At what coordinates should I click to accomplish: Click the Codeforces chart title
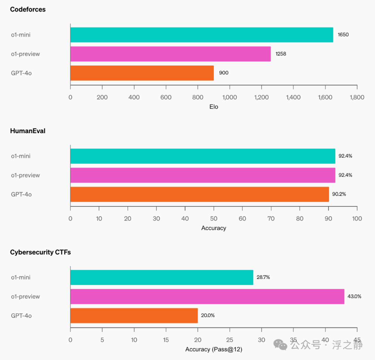click(x=28, y=10)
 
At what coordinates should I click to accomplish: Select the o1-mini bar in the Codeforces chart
click(x=201, y=35)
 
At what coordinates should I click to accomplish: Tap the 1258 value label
click(x=281, y=54)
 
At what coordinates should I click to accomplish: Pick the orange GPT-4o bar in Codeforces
click(x=142, y=73)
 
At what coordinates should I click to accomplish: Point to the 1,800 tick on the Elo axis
click(x=357, y=97)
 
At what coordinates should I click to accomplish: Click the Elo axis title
click(x=214, y=107)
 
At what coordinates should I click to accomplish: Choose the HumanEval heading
click(x=28, y=131)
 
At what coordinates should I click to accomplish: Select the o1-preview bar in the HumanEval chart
click(x=202, y=175)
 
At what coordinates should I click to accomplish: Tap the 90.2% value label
click(x=339, y=194)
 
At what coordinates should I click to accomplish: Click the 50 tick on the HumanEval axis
click(x=214, y=218)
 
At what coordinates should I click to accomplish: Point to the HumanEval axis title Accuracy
click(x=214, y=228)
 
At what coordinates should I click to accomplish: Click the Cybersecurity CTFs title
click(x=40, y=252)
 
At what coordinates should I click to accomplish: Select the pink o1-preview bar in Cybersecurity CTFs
click(x=207, y=297)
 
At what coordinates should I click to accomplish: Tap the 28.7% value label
click(x=263, y=277)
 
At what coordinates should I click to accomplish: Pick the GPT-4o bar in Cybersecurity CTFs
click(x=134, y=316)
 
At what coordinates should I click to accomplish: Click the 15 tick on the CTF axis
click(x=166, y=340)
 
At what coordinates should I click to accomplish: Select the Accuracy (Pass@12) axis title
click(x=214, y=349)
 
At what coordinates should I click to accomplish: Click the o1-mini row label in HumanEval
click(x=20, y=156)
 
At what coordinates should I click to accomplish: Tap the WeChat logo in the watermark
click(x=281, y=344)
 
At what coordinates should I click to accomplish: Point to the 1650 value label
click(x=343, y=35)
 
